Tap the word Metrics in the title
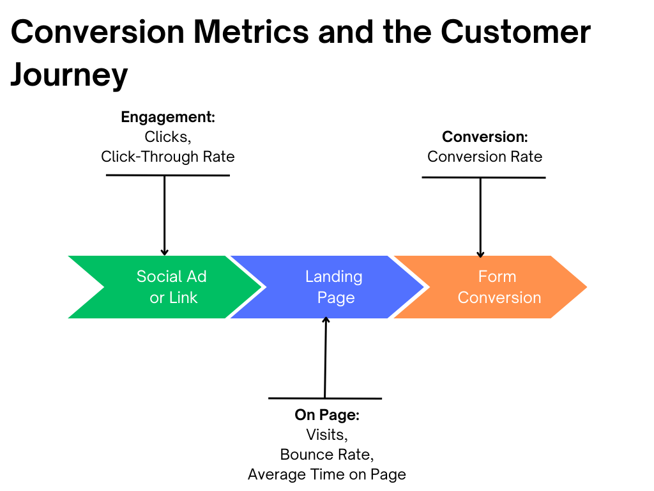click(251, 32)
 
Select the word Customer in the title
click(515, 32)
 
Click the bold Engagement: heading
click(168, 118)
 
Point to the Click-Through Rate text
click(168, 157)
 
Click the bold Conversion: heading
click(485, 137)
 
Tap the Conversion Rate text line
click(485, 157)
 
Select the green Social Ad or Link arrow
click(167, 287)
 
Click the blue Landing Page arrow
click(330, 287)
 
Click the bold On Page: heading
click(327, 415)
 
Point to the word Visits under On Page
click(326, 435)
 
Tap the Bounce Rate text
click(326, 455)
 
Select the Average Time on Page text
click(326, 474)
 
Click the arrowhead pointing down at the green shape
click(164, 252)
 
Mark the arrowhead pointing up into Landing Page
click(326, 320)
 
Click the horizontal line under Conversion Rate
click(484, 178)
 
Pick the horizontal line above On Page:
click(325, 398)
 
